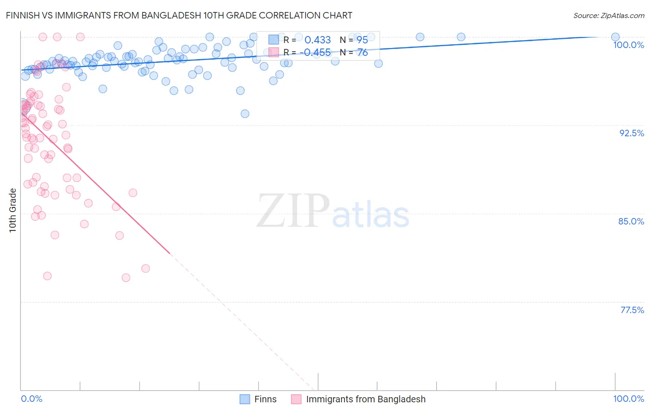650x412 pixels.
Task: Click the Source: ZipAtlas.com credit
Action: click(608, 16)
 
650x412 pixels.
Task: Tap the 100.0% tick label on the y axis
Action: click(628, 45)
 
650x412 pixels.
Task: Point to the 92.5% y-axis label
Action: click(632, 133)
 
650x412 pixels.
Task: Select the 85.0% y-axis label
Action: click(631, 221)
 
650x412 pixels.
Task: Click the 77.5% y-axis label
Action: click(632, 310)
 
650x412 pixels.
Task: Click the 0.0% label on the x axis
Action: click(31, 399)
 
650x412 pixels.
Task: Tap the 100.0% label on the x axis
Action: click(628, 399)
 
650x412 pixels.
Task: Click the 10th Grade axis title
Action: click(13, 210)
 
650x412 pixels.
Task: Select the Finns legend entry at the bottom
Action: click(265, 399)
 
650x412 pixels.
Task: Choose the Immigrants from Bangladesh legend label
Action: click(366, 399)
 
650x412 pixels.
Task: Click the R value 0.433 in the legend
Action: click(318, 40)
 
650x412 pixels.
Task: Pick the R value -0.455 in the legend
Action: click(315, 53)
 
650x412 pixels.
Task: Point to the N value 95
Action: click(362, 40)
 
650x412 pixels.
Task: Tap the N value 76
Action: click(362, 53)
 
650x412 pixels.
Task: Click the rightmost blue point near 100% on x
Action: click(615, 37)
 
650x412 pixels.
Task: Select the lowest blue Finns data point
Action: click(245, 114)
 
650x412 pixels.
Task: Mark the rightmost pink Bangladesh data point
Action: click(146, 268)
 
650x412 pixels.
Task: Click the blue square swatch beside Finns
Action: click(245, 399)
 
